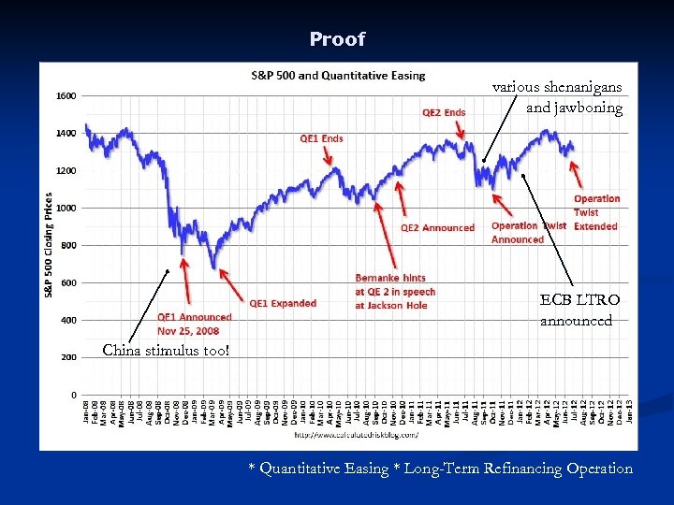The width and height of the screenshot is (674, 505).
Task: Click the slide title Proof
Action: [x=337, y=39]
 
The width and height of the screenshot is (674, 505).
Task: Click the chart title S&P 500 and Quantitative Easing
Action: [x=337, y=75]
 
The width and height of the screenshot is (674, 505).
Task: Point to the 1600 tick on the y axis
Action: [x=66, y=95]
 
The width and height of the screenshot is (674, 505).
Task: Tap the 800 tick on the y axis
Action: [x=68, y=245]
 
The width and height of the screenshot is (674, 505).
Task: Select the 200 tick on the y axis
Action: [x=68, y=357]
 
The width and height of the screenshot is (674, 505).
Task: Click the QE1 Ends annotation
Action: [x=321, y=138]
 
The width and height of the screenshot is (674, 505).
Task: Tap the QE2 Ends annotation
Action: [x=444, y=112]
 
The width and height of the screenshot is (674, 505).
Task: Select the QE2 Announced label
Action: [x=437, y=227]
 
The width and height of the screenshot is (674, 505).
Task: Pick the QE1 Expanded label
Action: [x=283, y=303]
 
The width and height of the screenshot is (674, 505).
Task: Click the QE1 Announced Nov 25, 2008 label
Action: [x=194, y=324]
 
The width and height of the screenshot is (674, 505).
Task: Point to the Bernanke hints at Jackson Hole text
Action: [x=395, y=292]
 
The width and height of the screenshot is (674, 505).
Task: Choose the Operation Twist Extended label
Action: [x=596, y=212]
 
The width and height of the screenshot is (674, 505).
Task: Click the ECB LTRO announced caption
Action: [x=579, y=310]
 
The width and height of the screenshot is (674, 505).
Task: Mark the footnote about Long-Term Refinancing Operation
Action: [x=440, y=469]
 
